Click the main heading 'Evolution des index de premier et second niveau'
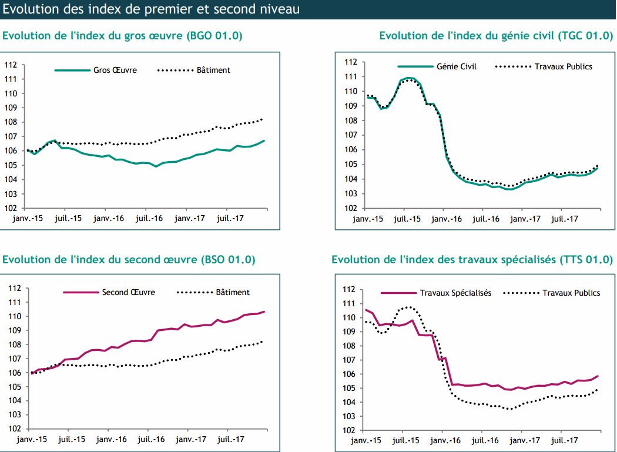(152, 9)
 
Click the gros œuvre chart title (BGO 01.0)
(123, 36)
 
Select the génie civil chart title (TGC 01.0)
(495, 36)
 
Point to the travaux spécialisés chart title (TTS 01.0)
(472, 260)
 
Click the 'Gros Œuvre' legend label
(115, 70)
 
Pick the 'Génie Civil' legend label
(457, 66)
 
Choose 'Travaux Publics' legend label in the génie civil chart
(563, 66)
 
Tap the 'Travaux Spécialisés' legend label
(455, 293)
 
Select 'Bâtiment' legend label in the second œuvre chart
(233, 292)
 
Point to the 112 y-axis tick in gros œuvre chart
(11, 65)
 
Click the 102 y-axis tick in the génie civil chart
(350, 208)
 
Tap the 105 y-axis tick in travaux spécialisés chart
(349, 388)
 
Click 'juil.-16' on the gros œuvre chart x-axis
(149, 218)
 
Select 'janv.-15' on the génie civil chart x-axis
(367, 219)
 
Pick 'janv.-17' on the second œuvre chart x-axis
(190, 439)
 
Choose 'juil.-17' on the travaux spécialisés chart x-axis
(565, 440)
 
